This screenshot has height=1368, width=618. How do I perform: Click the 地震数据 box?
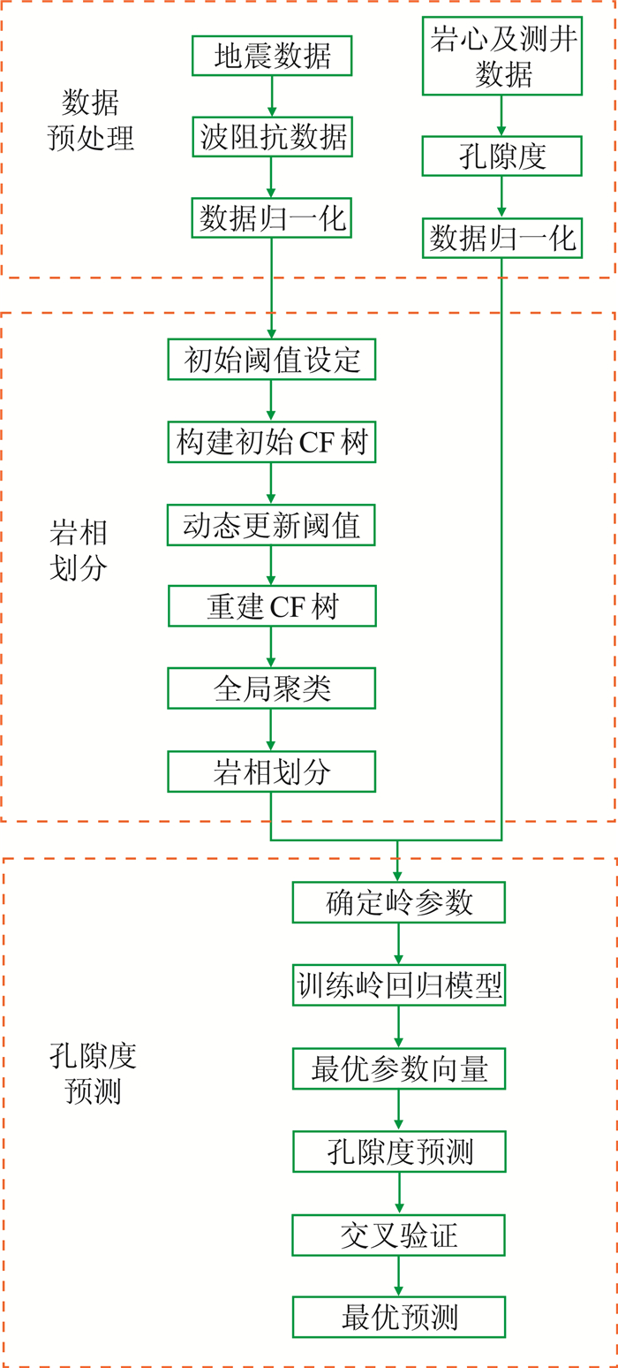tap(272, 57)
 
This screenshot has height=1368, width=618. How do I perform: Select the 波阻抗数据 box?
tap(272, 138)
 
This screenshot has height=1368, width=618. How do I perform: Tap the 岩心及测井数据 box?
tap(502, 55)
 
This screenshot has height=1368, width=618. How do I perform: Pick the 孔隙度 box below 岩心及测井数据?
tap(502, 156)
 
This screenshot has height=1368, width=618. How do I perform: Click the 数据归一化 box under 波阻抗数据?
tap(272, 217)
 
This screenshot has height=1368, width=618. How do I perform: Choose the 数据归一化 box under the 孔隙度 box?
tap(502, 237)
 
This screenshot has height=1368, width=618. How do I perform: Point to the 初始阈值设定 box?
tap(272, 359)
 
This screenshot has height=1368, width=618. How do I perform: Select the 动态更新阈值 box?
tap(272, 526)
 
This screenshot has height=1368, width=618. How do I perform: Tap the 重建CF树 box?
tap(272, 607)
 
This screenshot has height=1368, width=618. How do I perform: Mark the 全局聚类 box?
tap(272, 688)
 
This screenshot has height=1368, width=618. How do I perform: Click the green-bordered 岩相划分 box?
tap(272, 771)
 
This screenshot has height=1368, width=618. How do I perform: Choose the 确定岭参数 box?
tap(399, 902)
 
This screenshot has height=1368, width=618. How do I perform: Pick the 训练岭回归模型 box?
tap(399, 984)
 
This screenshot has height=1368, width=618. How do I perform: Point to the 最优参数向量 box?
tap(399, 1068)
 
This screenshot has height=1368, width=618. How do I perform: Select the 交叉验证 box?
tap(399, 1235)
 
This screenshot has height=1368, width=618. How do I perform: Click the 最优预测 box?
tap(399, 1317)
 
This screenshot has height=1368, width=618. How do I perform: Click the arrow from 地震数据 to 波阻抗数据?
tap(272, 95)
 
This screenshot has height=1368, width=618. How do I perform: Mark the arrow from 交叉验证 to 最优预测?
tap(399, 1276)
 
